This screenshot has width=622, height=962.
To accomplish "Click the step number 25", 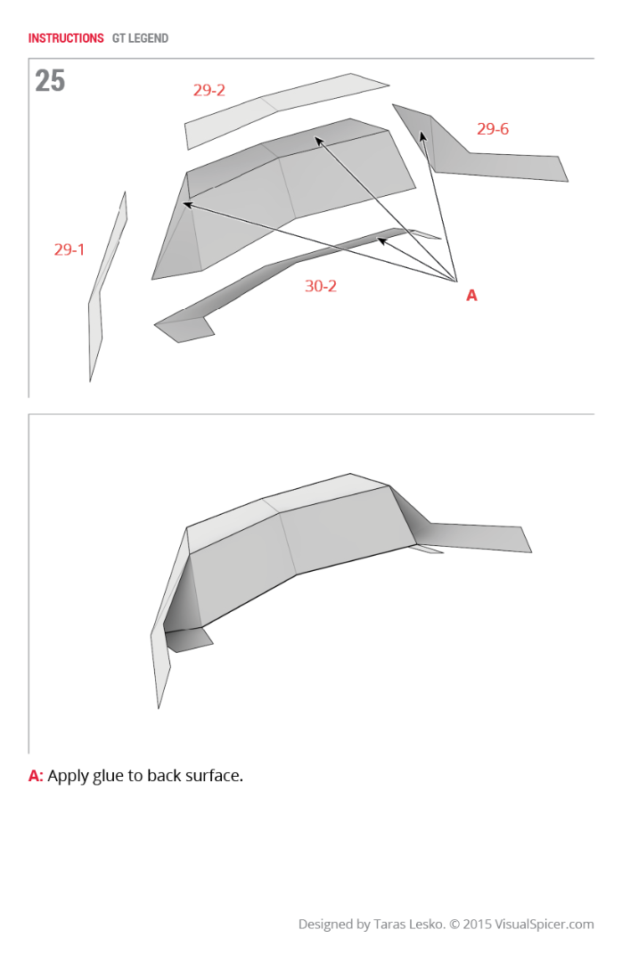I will click(x=50, y=81).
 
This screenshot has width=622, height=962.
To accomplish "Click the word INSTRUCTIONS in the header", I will click(x=66, y=38).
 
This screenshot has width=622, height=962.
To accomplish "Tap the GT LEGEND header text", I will click(x=140, y=38).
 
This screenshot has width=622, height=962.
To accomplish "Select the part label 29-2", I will click(x=209, y=90).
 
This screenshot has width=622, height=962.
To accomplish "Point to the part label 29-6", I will click(x=492, y=129).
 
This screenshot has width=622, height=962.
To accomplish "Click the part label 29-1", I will click(x=70, y=249).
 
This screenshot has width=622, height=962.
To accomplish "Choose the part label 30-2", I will click(x=320, y=286).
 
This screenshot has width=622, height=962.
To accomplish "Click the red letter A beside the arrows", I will click(x=471, y=295).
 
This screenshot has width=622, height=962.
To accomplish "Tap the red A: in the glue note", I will click(x=36, y=776).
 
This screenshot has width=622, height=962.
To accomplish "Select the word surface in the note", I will click(x=212, y=776).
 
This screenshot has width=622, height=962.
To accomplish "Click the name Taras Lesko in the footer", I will click(x=407, y=925).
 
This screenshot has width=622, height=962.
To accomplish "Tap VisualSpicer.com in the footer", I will click(x=546, y=925).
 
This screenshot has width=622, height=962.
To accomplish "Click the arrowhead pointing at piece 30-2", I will click(x=381, y=240).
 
